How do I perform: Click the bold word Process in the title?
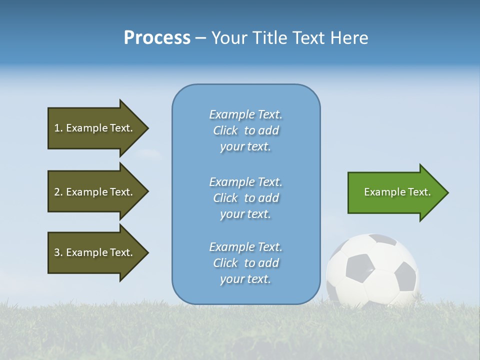point(157,38)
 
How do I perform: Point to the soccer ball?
point(372,270)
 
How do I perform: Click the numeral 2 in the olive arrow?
point(56,192)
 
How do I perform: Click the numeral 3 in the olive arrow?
point(56,252)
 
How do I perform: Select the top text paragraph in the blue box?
point(245,130)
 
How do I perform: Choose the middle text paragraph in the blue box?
point(245,198)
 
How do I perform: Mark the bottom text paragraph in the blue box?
point(245,263)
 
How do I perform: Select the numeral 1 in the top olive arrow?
point(56,128)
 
